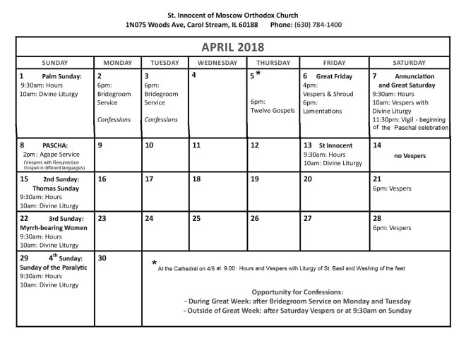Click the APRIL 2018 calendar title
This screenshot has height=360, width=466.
click(x=232, y=47)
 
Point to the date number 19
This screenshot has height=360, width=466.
click(x=254, y=179)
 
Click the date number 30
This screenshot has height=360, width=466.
click(x=102, y=258)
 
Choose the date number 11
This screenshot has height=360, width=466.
click(x=196, y=145)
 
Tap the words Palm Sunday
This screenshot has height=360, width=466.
click(x=61, y=76)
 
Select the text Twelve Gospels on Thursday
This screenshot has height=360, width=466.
click(x=272, y=111)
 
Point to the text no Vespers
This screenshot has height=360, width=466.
click(x=410, y=155)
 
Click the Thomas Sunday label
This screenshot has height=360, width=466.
click(x=54, y=188)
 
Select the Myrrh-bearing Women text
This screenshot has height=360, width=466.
click(x=53, y=228)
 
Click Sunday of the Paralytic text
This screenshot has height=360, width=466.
click(x=54, y=268)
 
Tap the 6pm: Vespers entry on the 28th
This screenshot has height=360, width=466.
click(x=391, y=228)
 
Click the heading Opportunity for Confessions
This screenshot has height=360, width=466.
click(x=297, y=292)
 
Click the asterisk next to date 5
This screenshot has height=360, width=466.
click(x=258, y=73)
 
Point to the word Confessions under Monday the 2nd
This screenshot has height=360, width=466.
click(x=114, y=119)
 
